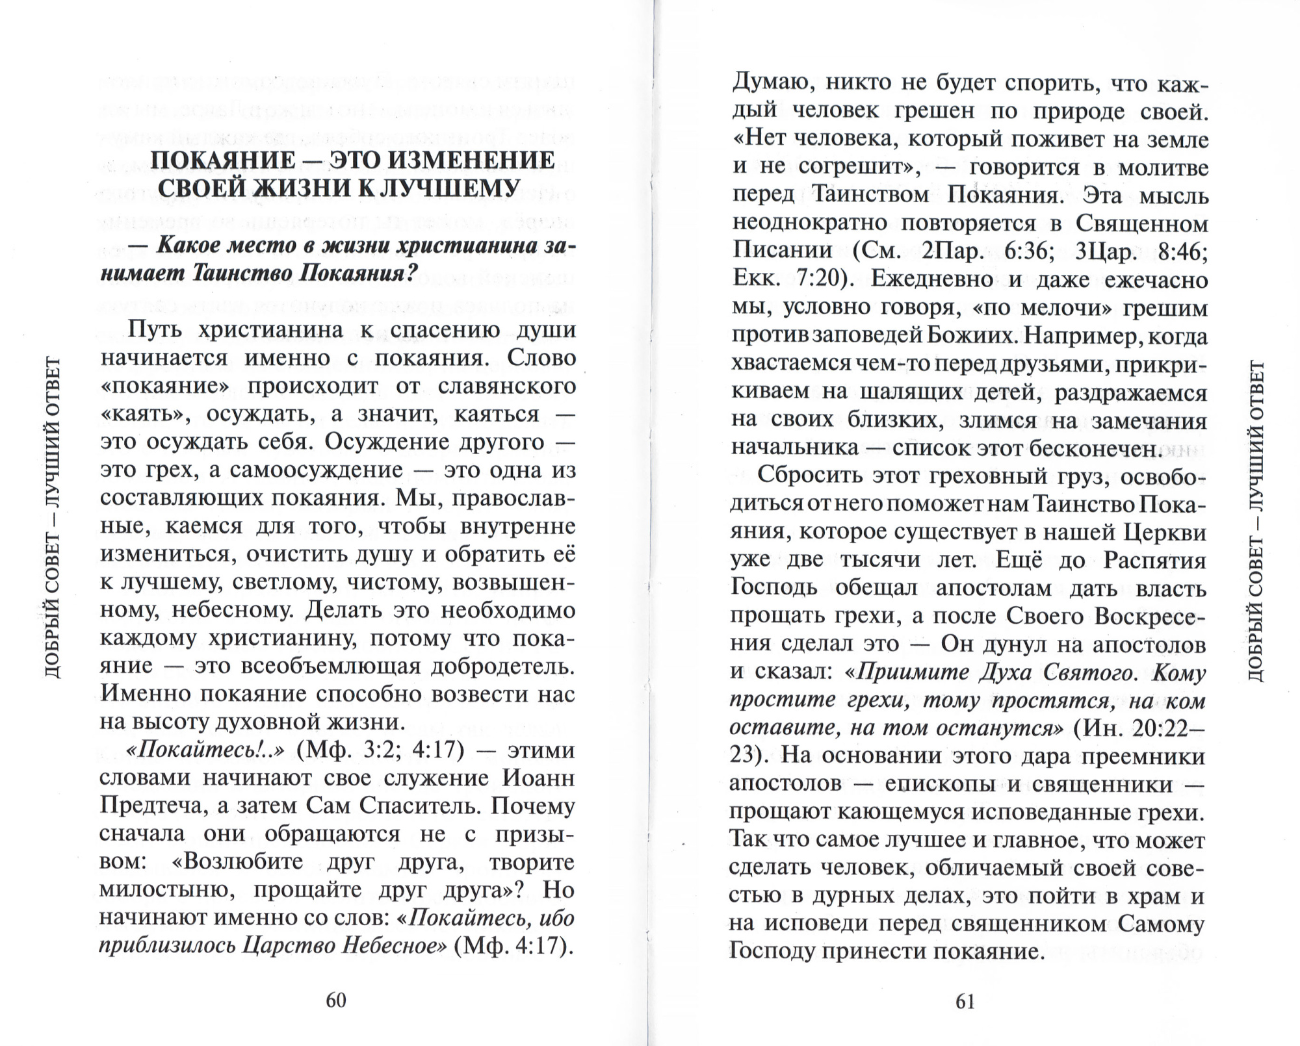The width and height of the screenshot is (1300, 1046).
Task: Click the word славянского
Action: pyautogui.click(x=506, y=386)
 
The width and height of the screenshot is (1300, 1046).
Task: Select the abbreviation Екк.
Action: pyautogui.click(x=756, y=279)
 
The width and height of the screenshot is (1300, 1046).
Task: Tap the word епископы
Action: pyautogui.click(x=940, y=784)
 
